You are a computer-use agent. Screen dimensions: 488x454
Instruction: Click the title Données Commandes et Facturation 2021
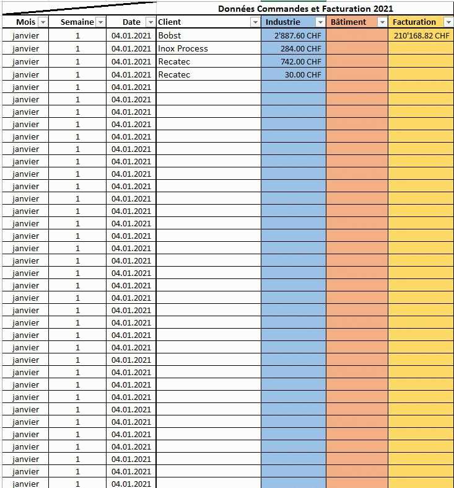point(305,9)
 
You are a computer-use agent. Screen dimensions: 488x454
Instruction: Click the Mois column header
point(25,22)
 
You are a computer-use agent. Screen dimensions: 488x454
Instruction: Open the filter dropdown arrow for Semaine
point(100,22)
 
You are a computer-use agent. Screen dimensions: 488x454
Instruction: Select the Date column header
point(131,22)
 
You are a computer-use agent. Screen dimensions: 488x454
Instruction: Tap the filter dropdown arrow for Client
point(255,22)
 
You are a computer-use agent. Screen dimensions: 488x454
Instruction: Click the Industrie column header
point(282,22)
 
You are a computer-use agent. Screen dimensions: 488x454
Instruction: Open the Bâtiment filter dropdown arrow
point(382,22)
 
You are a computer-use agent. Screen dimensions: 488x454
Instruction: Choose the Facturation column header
point(414,22)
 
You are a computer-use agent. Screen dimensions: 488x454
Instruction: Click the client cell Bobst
point(170,35)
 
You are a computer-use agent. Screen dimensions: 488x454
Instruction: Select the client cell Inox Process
point(183,48)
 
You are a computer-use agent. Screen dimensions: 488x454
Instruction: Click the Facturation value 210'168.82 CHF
point(421,35)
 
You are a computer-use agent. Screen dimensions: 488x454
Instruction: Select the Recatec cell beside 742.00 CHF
point(174,61)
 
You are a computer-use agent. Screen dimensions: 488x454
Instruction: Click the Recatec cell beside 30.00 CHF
point(174,74)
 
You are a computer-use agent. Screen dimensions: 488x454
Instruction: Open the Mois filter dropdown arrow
point(43,22)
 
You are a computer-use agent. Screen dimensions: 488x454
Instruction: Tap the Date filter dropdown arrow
point(151,22)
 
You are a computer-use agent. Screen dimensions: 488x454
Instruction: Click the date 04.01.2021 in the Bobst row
point(131,35)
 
